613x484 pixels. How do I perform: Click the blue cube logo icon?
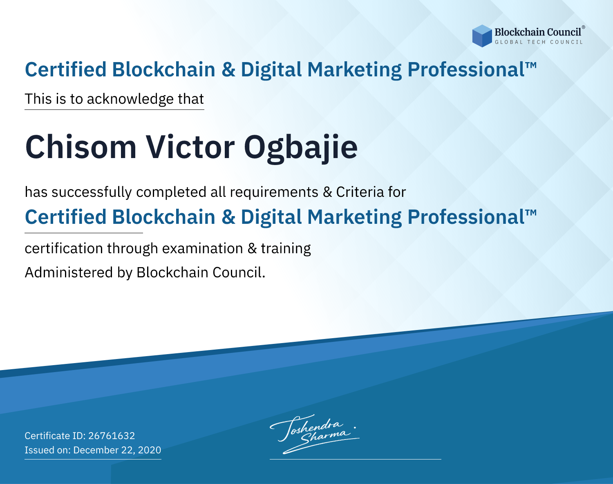click(482, 36)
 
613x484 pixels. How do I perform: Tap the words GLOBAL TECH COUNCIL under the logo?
click(539, 42)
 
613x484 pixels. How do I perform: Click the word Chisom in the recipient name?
click(81, 147)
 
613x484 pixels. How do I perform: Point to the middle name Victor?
click(190, 147)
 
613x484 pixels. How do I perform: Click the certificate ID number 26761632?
click(112, 435)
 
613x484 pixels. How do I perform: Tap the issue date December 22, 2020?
click(117, 450)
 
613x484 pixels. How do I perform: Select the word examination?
click(203, 248)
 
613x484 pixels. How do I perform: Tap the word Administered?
click(69, 272)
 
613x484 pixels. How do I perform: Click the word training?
click(286, 249)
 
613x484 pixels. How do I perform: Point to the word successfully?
click(92, 192)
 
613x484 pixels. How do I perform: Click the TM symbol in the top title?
click(531, 65)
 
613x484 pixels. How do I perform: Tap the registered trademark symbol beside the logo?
click(584, 27)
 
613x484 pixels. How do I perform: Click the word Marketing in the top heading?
click(354, 70)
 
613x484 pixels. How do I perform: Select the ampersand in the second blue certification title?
click(228, 217)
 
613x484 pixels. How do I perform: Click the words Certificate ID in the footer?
click(55, 435)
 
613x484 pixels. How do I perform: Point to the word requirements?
click(274, 192)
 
